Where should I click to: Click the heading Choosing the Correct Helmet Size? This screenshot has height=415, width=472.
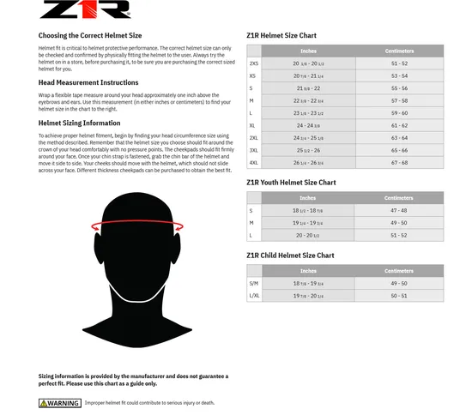coord(89,37)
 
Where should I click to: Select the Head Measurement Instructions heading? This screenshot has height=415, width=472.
coord(88,83)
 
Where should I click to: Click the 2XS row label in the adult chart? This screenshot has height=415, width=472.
coord(253,63)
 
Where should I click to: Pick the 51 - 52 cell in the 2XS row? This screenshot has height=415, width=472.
coord(399,63)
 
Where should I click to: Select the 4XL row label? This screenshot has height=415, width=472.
coord(253,163)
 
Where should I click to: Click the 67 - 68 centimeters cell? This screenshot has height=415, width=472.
coord(399,163)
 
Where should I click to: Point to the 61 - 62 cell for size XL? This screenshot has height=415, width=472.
coord(399,125)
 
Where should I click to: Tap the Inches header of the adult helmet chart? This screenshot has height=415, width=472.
coord(307,50)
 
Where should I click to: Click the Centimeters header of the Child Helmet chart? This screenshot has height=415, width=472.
coord(399,271)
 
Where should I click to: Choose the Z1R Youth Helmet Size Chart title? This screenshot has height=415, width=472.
coord(291,183)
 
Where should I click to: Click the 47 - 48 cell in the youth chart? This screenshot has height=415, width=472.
coord(399,211)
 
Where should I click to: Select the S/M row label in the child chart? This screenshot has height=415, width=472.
coord(253,284)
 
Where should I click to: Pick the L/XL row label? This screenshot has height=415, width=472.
coord(253,296)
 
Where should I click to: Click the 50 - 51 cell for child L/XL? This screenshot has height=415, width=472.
coord(399,296)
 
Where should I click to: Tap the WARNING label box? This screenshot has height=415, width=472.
coord(60,403)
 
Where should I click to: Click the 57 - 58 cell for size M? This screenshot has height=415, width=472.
coord(399,100)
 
